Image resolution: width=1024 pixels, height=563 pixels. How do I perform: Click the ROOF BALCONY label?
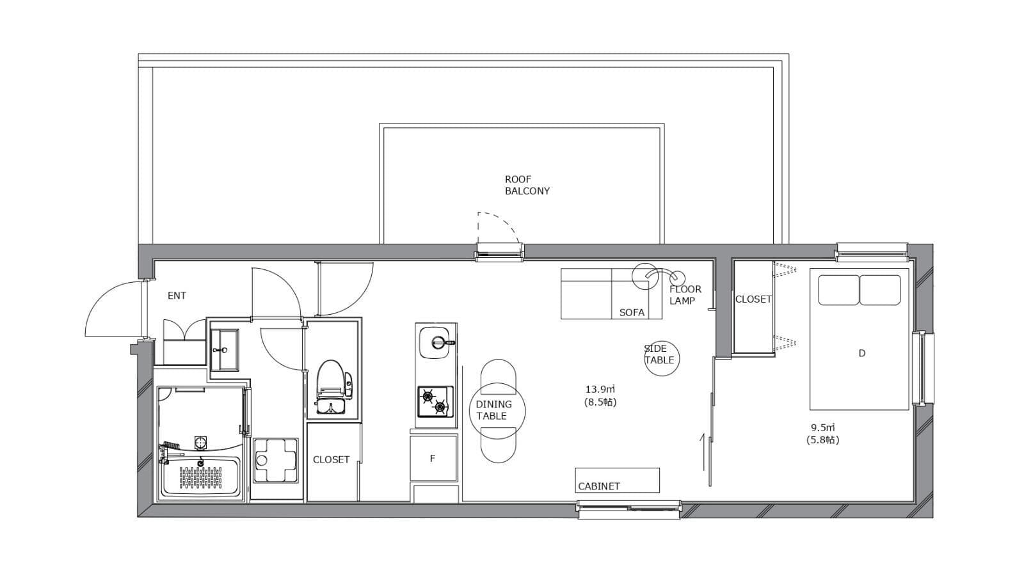click(527, 185)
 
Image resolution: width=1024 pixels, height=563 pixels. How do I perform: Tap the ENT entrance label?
click(177, 296)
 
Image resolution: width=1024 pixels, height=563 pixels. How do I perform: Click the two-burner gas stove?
click(435, 401)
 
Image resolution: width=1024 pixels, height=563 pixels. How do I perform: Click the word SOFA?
click(632, 313)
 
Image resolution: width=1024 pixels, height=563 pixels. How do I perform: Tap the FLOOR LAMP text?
click(685, 295)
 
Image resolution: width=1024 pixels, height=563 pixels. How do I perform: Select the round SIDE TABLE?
click(662, 358)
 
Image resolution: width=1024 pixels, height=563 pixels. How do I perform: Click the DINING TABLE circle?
click(497, 411)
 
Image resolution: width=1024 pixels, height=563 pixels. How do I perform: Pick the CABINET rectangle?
click(617, 480)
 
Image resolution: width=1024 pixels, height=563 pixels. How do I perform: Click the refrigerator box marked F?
click(433, 458)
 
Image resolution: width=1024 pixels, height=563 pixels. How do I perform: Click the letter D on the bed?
click(861, 353)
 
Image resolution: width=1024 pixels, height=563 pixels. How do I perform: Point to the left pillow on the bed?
click(838, 290)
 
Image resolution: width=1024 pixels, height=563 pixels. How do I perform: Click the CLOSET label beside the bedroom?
click(753, 299)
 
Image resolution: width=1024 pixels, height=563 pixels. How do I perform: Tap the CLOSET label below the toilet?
click(331, 460)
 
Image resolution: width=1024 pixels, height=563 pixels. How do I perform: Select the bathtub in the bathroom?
click(201, 475)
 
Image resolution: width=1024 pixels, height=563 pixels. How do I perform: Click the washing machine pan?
click(275, 460)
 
